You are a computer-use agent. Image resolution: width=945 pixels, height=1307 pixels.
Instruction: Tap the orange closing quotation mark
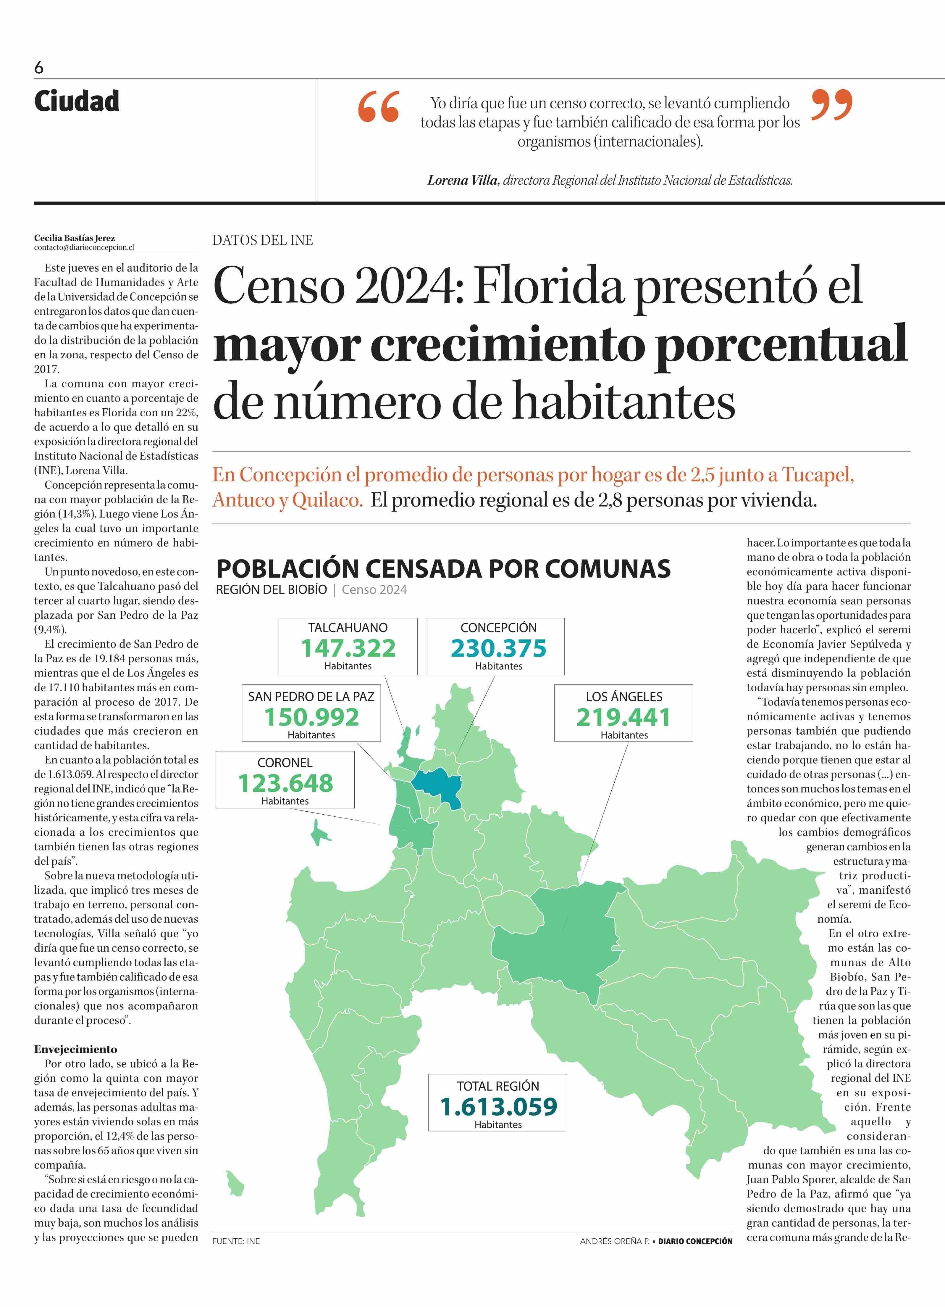(x=831, y=104)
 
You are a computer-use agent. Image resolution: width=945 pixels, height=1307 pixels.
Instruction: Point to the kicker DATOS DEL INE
(x=263, y=240)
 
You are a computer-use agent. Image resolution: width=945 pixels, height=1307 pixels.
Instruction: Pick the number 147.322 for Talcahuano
(x=348, y=648)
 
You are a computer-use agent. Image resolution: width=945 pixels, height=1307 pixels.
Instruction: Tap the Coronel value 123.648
(x=286, y=783)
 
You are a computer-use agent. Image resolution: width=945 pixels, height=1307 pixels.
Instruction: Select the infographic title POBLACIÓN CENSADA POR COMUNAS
(x=443, y=569)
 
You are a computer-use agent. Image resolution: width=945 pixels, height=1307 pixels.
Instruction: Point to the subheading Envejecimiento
(x=75, y=1049)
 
